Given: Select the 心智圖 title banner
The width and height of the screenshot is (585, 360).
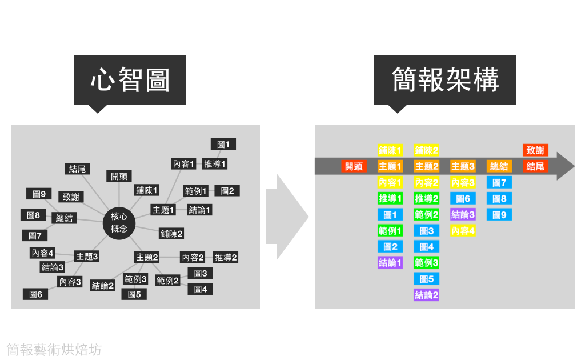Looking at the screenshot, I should click(x=130, y=80).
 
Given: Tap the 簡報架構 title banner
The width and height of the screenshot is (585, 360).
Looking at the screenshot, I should click(x=445, y=80).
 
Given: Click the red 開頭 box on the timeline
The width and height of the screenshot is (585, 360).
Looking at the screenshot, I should click(x=354, y=166).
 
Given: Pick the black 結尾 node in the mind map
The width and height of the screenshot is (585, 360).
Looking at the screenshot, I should click(x=77, y=169).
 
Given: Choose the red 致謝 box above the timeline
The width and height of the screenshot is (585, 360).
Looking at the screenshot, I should click(x=535, y=150).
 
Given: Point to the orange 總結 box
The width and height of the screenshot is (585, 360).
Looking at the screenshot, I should click(x=499, y=166).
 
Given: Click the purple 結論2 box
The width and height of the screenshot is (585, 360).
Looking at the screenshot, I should click(x=427, y=295).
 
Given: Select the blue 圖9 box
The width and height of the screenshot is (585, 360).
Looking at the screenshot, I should click(x=499, y=215).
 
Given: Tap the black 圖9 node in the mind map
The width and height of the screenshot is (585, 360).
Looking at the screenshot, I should click(x=39, y=194).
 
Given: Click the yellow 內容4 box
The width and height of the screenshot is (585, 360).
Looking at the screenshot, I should click(x=463, y=231).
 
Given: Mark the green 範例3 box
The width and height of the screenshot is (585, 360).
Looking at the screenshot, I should click(x=427, y=263).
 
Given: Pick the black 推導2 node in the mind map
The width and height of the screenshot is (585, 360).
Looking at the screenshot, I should click(x=226, y=257).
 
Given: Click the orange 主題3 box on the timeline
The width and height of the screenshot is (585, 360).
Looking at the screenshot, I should click(x=463, y=166).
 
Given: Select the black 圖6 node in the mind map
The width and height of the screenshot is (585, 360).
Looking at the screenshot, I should click(x=35, y=294).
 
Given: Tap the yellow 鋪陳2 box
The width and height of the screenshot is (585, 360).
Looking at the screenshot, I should click(x=427, y=150).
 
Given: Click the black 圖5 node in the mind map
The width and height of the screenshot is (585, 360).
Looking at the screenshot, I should click(x=134, y=294).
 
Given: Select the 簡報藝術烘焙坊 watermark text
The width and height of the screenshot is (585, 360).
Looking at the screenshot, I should click(x=54, y=349).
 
